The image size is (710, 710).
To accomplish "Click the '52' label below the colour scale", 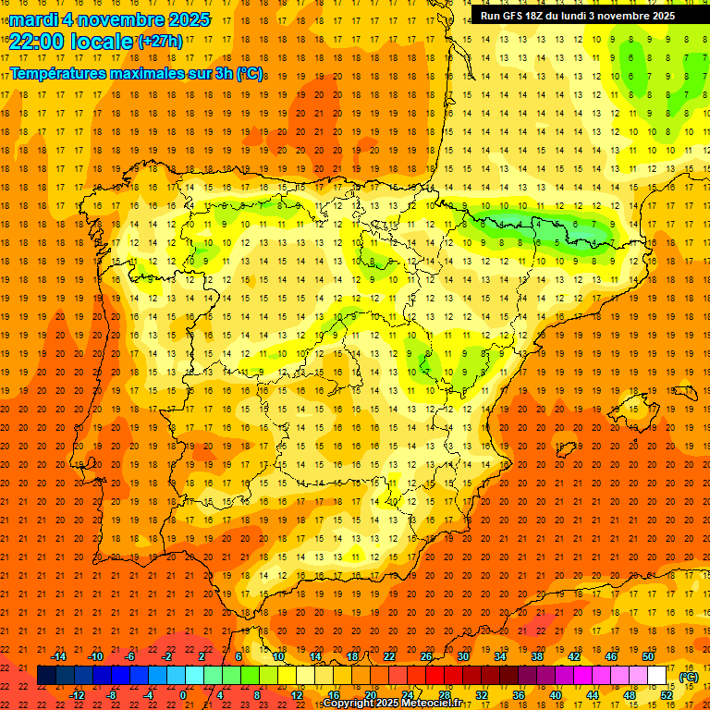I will [667, 695].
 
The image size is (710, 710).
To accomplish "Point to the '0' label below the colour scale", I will [183, 695].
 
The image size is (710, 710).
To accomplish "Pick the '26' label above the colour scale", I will [426, 656].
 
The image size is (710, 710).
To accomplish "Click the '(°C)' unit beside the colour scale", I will [689, 677].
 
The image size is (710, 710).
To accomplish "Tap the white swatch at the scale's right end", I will [657, 676].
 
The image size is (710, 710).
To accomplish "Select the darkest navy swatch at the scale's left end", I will [47, 676].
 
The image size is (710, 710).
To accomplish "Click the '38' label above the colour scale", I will [536, 656].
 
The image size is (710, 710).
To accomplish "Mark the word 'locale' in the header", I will [104, 41].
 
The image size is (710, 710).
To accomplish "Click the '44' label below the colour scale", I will [593, 695].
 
